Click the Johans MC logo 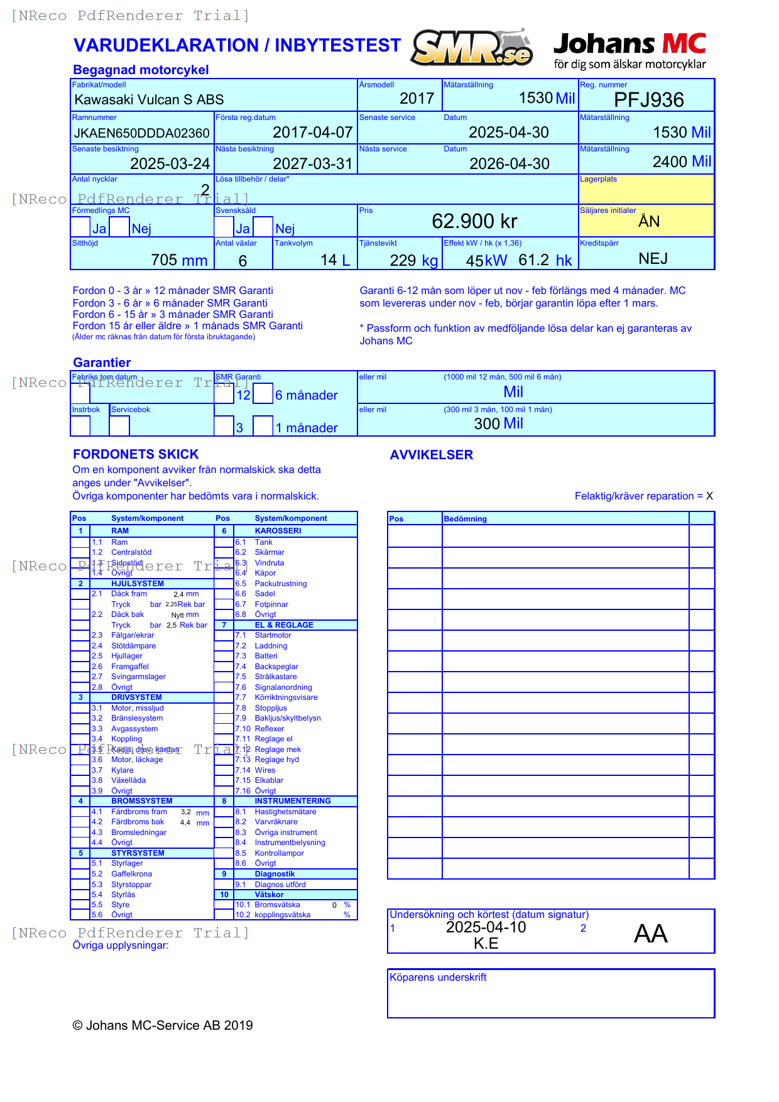(629, 50)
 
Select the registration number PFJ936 (648, 100)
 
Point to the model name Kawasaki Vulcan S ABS (149, 100)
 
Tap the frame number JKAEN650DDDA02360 (141, 133)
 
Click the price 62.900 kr (474, 221)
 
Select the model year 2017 (417, 99)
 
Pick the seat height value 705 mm (179, 260)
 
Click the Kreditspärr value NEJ (653, 259)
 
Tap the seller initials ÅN (649, 222)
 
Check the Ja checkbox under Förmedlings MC (80, 227)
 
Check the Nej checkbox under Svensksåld (263, 227)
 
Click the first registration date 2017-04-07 (312, 133)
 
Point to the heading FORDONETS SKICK (136, 454)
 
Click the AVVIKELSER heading (431, 455)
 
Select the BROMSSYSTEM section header (141, 801)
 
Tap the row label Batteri (266, 656)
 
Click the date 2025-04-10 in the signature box (486, 927)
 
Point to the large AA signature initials (650, 934)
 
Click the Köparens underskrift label (438, 977)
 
